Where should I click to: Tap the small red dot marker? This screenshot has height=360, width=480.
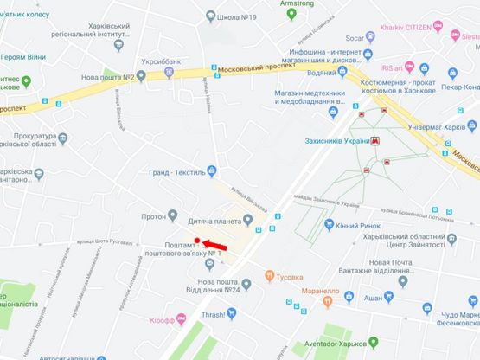(198, 241)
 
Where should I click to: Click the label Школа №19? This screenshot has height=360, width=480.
(237, 17)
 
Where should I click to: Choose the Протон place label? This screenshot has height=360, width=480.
(155, 215)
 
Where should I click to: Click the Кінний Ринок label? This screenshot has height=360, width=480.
(355, 225)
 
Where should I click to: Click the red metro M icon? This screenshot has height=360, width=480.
(375, 140)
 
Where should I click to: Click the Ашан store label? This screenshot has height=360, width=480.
(373, 298)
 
